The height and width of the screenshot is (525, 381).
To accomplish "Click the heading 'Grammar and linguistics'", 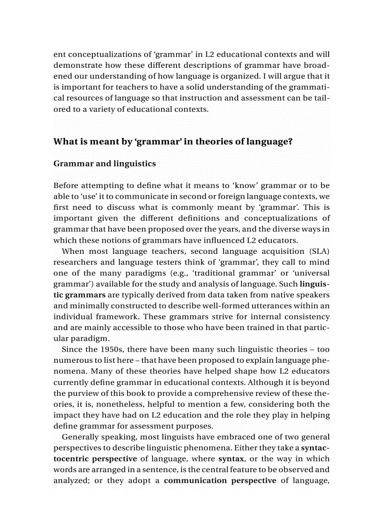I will click(x=105, y=164).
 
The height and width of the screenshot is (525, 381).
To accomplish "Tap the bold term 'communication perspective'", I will click(x=220, y=481).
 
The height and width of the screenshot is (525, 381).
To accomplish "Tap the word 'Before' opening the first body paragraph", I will click(x=66, y=186).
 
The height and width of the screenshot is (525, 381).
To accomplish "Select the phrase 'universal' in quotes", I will click(x=311, y=273).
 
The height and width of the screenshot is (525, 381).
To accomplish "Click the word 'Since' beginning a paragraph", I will click(x=71, y=349).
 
